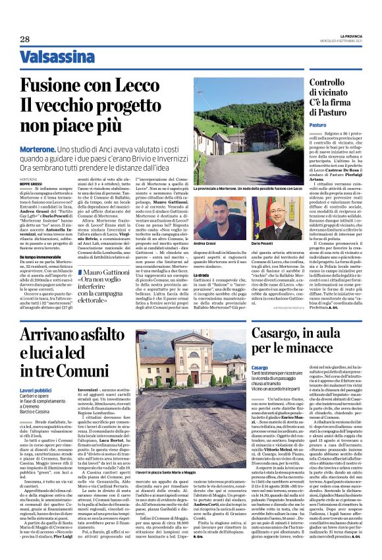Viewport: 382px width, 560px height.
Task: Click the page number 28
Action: coord(25,39)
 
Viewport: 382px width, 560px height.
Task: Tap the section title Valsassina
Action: coord(55,57)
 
